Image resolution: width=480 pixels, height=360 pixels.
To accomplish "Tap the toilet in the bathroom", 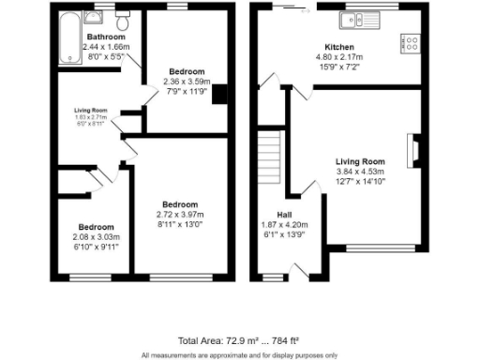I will point(123,20).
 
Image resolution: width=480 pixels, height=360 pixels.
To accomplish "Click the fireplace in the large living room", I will point(411,149).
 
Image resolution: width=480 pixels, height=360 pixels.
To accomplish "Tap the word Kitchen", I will point(338,47).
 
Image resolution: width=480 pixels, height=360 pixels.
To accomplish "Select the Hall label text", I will point(283,214).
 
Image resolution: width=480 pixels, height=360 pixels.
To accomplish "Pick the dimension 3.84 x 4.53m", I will point(361,172).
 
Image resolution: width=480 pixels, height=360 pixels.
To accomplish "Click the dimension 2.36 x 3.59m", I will point(184,82).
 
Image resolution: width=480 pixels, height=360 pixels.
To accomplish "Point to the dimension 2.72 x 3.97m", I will point(179,215).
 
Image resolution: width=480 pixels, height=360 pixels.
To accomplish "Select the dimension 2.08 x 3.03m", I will point(97,237).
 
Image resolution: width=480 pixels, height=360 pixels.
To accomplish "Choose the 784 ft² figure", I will point(282,339).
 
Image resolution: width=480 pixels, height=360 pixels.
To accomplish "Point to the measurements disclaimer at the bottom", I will point(239,354).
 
